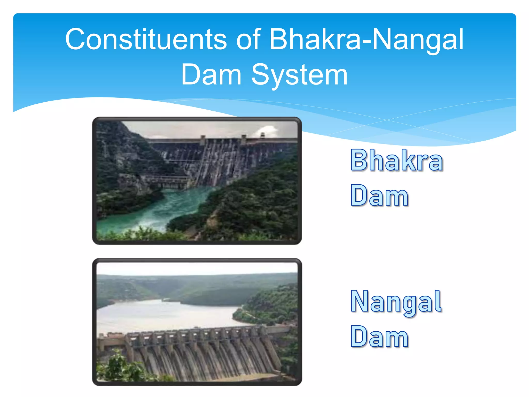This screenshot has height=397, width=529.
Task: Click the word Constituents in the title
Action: (146, 39)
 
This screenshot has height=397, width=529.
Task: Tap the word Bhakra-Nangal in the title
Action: (366, 39)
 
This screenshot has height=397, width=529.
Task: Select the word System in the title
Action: (300, 75)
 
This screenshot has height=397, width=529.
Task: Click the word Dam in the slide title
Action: (211, 75)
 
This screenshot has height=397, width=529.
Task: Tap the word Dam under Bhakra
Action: (379, 196)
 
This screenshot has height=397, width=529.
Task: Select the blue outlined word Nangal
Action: (396, 302)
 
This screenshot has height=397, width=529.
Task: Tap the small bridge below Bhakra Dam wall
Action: (165, 181)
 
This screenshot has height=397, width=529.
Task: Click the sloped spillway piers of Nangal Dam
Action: (201, 357)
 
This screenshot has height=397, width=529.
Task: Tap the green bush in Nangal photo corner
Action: (116, 367)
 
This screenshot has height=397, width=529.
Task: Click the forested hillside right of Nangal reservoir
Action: (274, 305)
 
